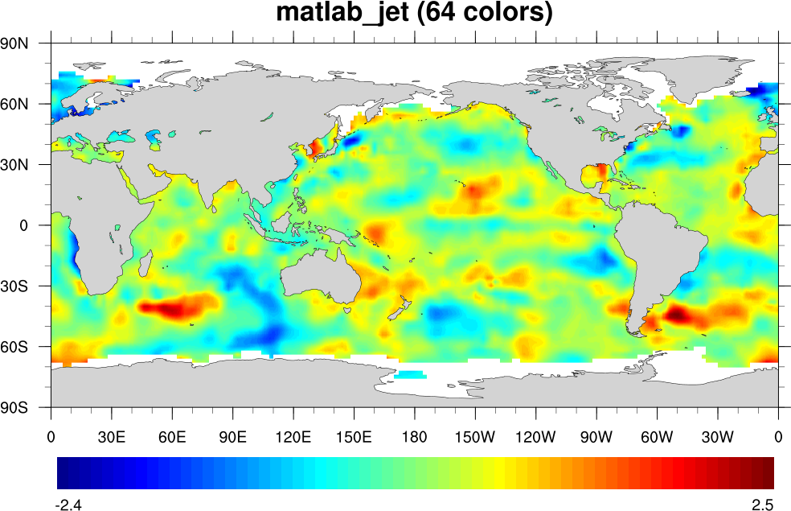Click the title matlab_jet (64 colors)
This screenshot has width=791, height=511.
point(414,14)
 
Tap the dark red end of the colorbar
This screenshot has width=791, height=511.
point(768,473)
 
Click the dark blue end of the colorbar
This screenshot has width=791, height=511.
point(63,473)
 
